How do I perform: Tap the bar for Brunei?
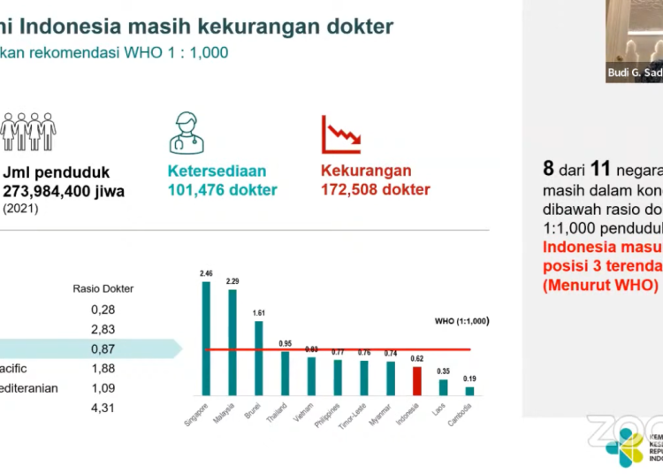259,357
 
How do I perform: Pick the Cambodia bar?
469,390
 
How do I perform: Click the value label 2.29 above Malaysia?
232,281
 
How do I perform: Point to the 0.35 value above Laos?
443,371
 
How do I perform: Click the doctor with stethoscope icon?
190,133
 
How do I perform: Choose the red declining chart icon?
340,134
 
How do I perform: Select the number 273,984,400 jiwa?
64,190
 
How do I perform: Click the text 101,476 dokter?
222,189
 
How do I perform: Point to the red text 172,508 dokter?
375,189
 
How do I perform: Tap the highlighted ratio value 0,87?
103,348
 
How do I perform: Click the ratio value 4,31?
103,408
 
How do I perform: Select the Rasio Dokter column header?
103,288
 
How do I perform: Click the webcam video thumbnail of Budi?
634,40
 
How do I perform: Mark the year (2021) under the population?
20,208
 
